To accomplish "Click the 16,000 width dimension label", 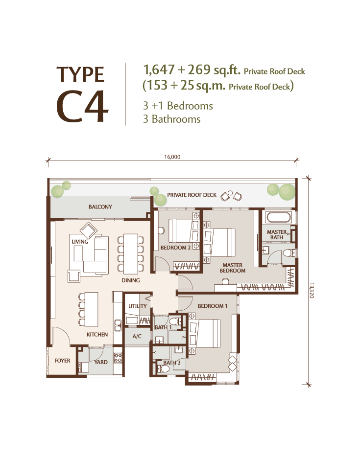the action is tap(172, 157).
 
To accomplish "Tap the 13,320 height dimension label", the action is tap(312, 290).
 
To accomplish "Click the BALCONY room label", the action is tap(100, 207).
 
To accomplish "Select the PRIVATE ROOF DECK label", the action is tap(192, 195).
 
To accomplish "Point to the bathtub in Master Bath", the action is tap(278, 217).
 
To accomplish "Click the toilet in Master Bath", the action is tap(289, 253).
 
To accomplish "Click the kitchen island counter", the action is tap(91, 309).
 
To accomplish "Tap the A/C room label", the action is tap(137, 336).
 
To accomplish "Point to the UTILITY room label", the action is tap(137, 306).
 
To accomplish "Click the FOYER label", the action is tap(62, 361).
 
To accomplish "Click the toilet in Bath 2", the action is tap(163, 368).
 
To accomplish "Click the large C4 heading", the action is tap(82, 106).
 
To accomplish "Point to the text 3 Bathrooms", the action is tap(171, 119).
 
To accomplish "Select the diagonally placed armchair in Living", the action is tap(89, 230).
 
